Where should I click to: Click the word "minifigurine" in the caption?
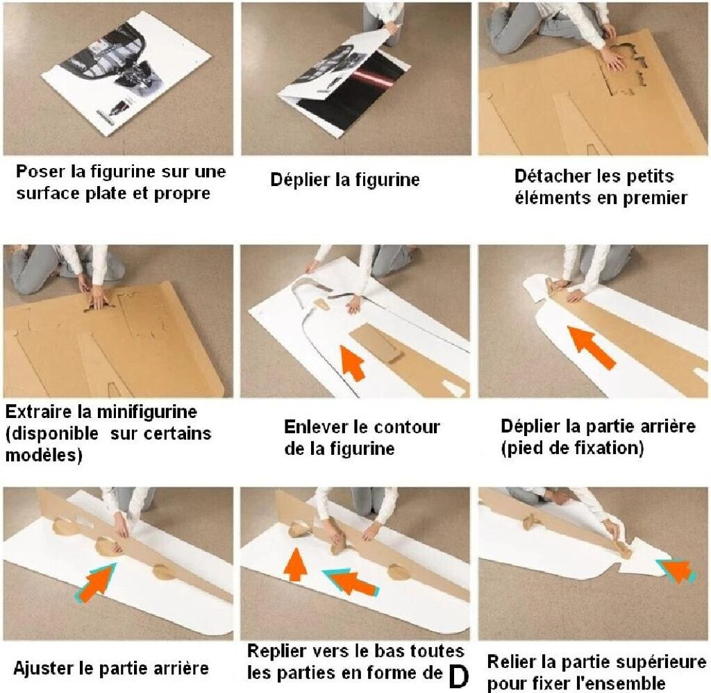point(147,412)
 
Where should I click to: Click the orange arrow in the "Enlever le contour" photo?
point(352,362)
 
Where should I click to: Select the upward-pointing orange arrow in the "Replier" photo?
point(296,564)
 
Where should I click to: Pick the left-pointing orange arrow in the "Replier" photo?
point(351,581)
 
